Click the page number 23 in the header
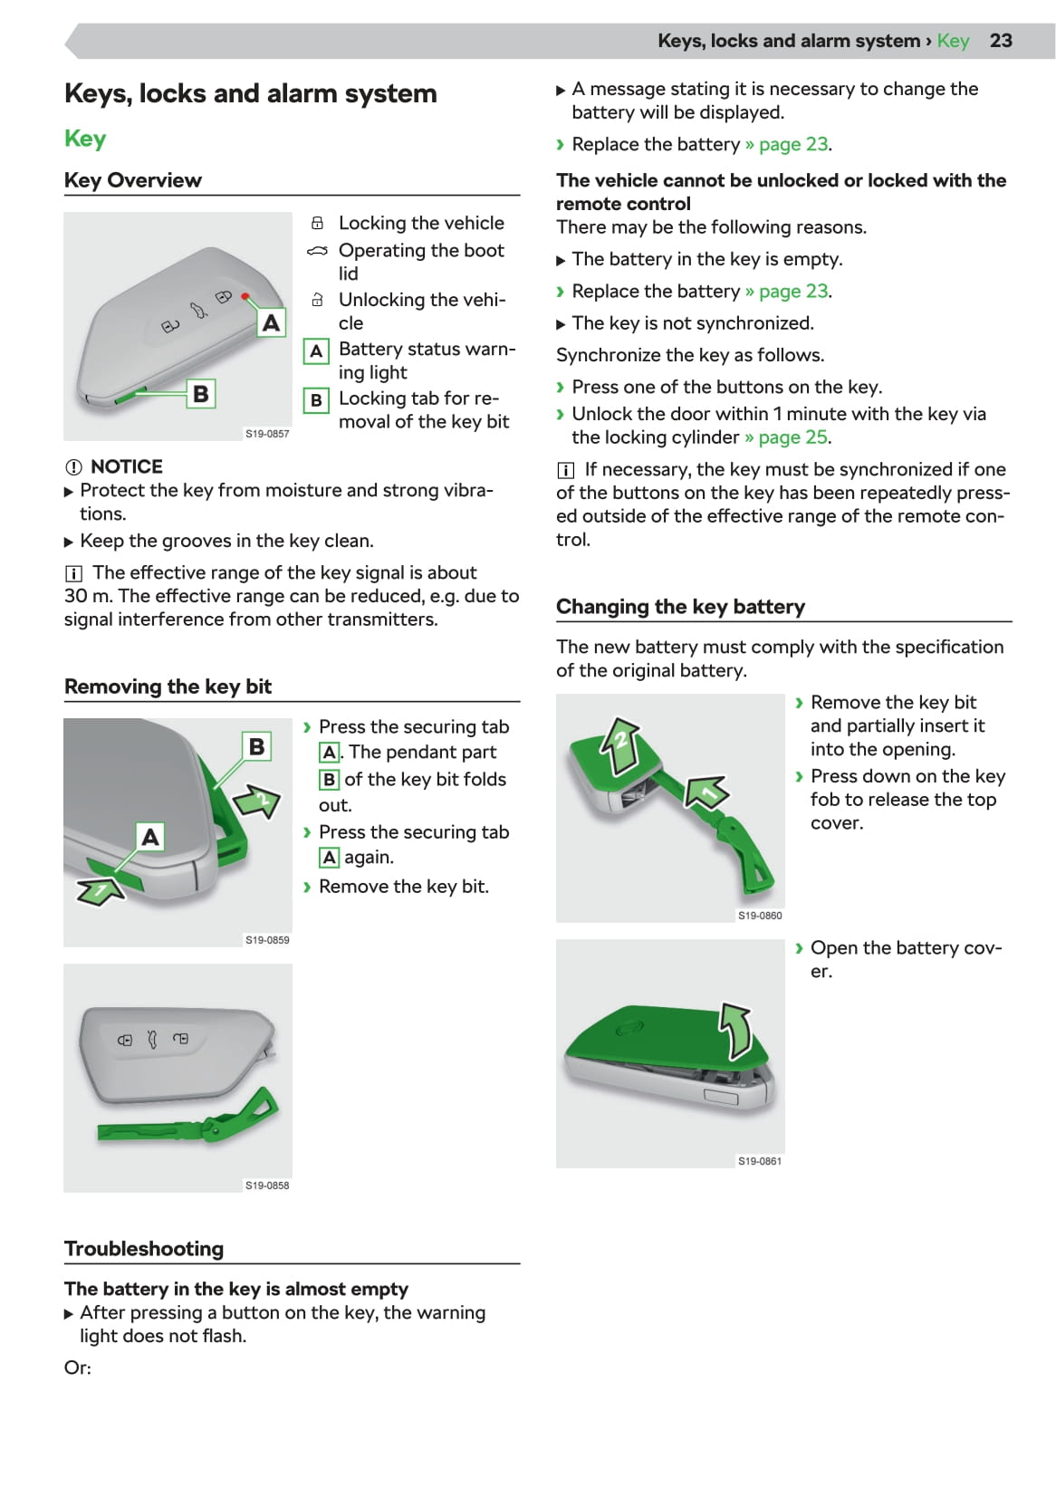point(1000,41)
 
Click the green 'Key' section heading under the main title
point(85,139)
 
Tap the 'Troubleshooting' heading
point(144,1249)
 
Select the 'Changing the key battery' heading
point(680,607)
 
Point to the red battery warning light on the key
point(245,297)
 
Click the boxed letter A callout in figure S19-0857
point(271,323)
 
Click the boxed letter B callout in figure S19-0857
point(201,394)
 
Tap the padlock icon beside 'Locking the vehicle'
point(317,223)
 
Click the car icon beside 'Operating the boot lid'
point(317,251)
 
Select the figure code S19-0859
point(267,940)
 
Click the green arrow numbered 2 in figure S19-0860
point(620,744)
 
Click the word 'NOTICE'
point(127,466)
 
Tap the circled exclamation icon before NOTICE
point(73,467)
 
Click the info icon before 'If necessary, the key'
point(565,470)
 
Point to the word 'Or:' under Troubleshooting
point(78,1368)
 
